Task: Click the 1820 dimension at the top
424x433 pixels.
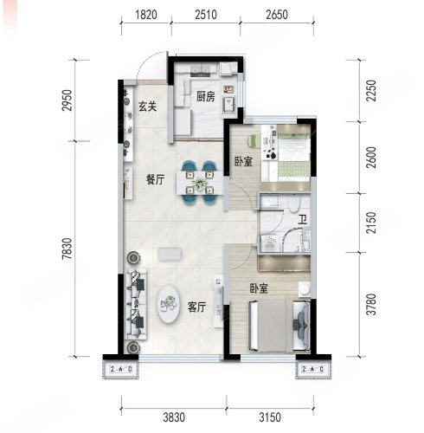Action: pos(146,15)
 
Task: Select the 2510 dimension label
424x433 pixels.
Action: pos(206,15)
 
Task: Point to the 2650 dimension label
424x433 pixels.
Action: pos(277,15)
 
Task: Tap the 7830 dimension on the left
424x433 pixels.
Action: pos(67,249)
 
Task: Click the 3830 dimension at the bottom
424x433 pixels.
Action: pos(174,417)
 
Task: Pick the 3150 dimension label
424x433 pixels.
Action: pos(270,417)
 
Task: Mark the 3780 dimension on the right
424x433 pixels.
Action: pos(371,304)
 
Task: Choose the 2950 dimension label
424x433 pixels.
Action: pos(67,100)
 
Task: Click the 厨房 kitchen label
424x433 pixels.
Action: pos(206,97)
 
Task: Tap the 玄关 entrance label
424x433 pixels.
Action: pos(148,107)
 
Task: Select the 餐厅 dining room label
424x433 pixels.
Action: pos(155,180)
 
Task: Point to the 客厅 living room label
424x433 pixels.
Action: pos(196,307)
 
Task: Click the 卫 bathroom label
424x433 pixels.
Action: pos(302,220)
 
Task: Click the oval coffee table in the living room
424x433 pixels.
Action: pos(169,305)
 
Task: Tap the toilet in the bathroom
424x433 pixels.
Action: pos(294,204)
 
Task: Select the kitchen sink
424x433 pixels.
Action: pos(229,104)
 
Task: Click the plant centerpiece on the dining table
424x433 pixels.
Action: pos(199,183)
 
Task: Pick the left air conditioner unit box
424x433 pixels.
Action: pos(121,369)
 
